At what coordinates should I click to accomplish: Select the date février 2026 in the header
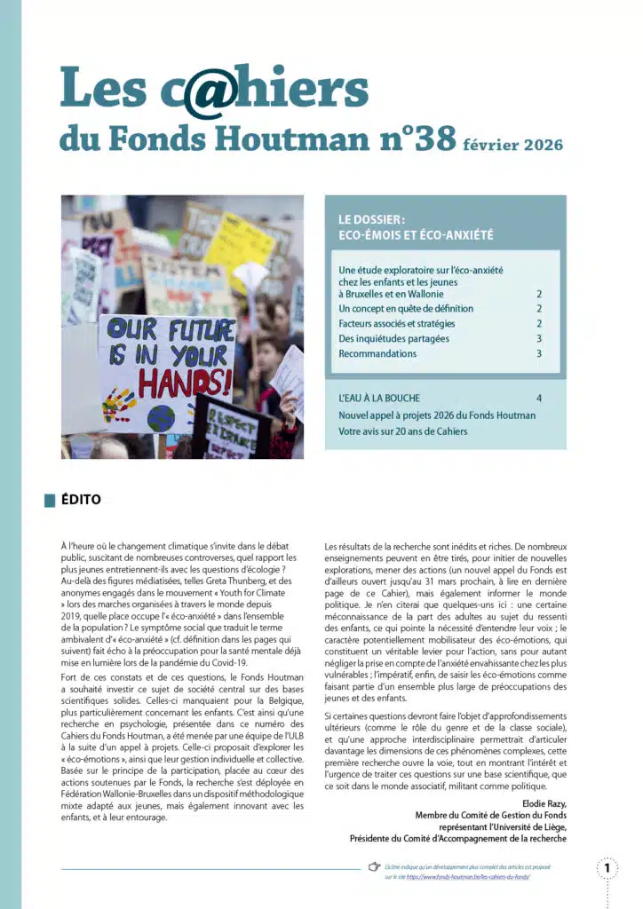512,143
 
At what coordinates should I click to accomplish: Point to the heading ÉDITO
81,500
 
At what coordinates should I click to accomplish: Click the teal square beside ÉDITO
49,501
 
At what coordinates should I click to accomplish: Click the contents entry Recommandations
377,353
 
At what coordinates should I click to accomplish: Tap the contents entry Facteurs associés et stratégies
396,323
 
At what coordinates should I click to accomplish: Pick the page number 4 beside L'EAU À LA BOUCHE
539,399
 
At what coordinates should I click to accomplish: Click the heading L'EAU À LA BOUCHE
379,399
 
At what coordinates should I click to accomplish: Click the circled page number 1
607,867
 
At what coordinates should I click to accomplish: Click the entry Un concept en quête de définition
406,308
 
